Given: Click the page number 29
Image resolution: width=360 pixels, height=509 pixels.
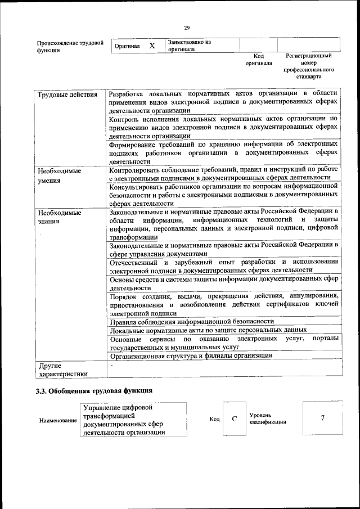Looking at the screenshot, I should click(187, 28).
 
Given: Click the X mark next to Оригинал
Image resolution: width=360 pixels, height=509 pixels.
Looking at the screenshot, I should click(152, 46).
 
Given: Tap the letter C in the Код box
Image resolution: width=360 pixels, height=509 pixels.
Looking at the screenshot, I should click(235, 419).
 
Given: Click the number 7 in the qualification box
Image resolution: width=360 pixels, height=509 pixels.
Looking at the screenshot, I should click(323, 418).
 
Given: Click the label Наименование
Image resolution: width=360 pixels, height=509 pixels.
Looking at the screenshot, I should click(58, 421).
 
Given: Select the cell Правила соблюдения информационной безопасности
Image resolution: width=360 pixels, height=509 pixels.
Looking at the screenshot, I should click(192, 321).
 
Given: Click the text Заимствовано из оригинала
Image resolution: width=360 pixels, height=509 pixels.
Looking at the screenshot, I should click(189, 46).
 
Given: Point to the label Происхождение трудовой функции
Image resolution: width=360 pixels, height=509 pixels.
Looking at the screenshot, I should click(70, 46).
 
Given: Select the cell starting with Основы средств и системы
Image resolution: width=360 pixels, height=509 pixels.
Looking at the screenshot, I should click(224, 283).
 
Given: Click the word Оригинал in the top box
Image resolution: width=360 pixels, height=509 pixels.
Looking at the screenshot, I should click(127, 46).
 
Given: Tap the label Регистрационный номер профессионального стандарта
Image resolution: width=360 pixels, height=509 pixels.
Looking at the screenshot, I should click(309, 66).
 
